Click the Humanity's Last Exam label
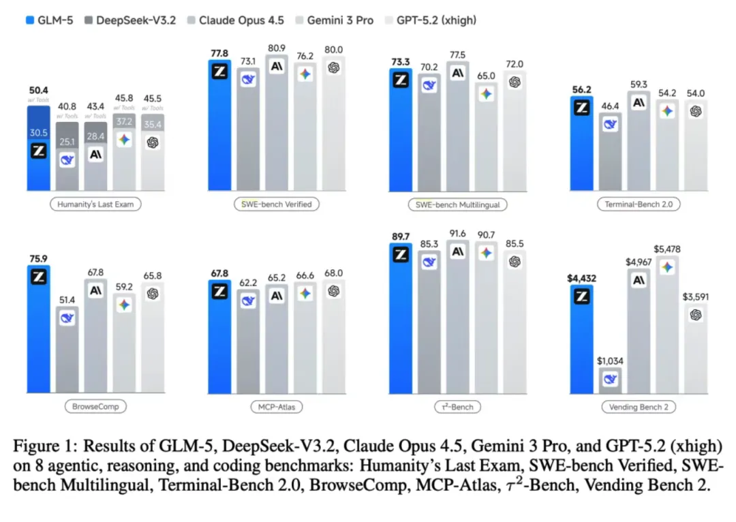click(x=95, y=204)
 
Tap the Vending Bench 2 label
click(x=638, y=407)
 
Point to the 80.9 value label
click(x=276, y=49)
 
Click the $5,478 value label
click(x=667, y=250)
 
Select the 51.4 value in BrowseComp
click(x=67, y=300)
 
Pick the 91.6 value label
click(x=457, y=233)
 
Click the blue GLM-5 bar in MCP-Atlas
click(x=219, y=337)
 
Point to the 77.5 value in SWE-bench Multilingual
click(x=457, y=55)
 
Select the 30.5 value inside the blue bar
click(x=39, y=133)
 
